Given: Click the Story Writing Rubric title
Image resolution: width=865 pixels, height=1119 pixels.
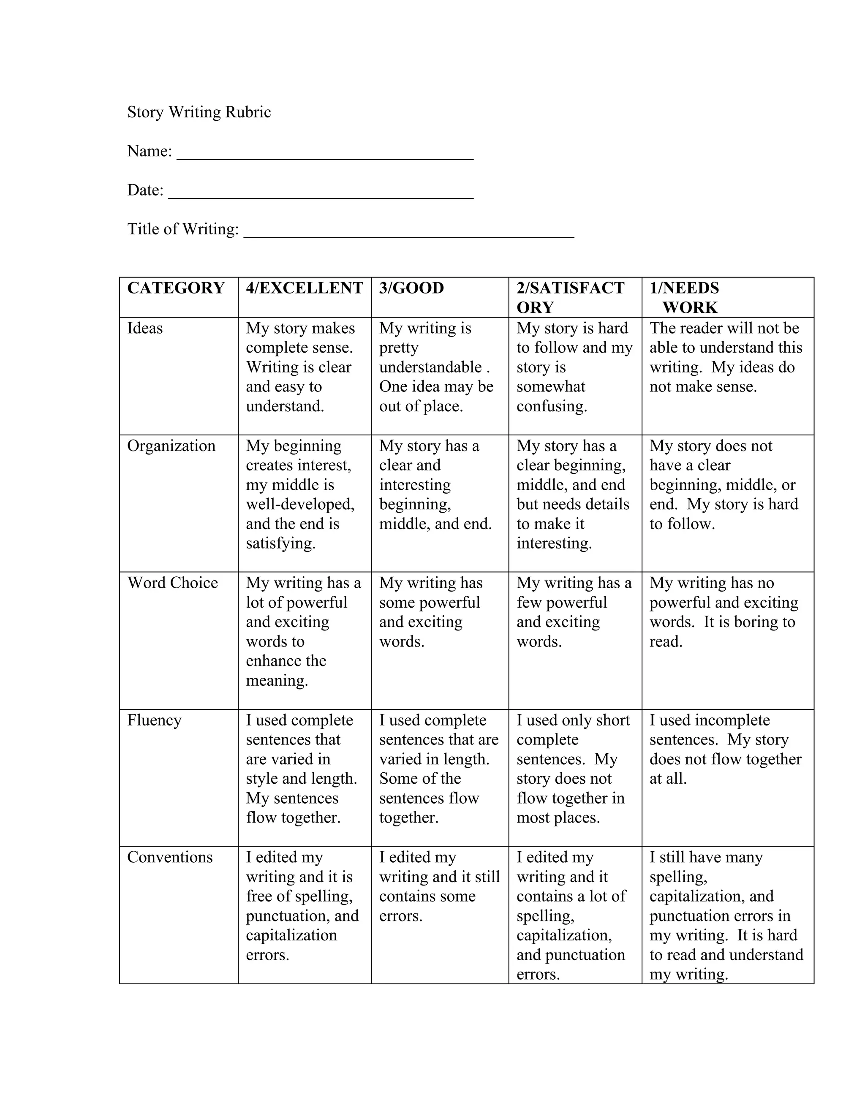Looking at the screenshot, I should [x=199, y=112].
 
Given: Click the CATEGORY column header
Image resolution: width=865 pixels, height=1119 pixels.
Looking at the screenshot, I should [x=176, y=288].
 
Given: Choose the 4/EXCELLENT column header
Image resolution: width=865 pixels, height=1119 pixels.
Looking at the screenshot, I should [x=305, y=288].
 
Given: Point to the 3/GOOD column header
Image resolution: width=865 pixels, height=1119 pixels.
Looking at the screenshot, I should [x=411, y=288].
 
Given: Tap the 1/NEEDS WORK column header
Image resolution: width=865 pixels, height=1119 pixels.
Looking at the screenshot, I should [x=685, y=298].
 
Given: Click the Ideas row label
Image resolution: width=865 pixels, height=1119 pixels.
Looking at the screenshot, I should [x=145, y=328].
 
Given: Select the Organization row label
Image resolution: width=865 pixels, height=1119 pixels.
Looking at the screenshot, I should [x=171, y=446].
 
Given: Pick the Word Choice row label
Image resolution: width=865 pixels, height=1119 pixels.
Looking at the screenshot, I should [x=173, y=583].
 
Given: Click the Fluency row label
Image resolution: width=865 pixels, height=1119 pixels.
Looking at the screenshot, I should [x=154, y=720].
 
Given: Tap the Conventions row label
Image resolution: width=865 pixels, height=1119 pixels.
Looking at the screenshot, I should [x=170, y=857].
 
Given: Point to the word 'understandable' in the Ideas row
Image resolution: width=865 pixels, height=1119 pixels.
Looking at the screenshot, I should [x=430, y=367].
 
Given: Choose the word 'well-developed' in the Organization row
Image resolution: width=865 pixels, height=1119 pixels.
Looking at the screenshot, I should [x=300, y=504].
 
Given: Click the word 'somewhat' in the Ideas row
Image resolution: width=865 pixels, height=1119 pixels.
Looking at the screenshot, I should [x=550, y=386].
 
